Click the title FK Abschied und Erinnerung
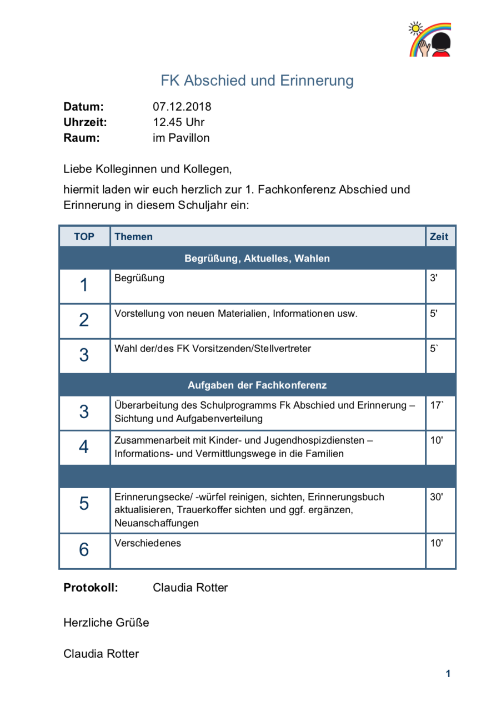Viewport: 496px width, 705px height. click(257, 81)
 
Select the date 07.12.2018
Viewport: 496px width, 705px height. click(182, 107)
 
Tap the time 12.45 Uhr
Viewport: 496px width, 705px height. click(179, 122)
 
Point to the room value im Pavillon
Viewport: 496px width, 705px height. click(181, 138)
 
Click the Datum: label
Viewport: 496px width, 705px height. click(83, 107)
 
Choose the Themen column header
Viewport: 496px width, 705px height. click(133, 237)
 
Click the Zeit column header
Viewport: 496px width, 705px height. click(439, 237)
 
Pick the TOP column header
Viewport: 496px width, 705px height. click(84, 237)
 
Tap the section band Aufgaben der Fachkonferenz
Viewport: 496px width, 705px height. click(257, 385)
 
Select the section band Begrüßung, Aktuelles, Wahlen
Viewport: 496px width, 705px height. click(257, 258)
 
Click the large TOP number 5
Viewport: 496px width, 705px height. click(84, 504)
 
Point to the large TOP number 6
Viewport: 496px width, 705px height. click(84, 550)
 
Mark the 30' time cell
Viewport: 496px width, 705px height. click(437, 497)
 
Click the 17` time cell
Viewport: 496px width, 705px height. click(437, 405)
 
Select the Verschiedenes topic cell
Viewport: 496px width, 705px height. click(148, 543)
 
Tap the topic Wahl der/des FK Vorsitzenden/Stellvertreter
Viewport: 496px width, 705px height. click(213, 349)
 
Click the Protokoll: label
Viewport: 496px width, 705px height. click(91, 588)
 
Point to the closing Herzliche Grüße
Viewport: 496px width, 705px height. click(106, 623)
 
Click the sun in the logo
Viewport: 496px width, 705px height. click(415, 28)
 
